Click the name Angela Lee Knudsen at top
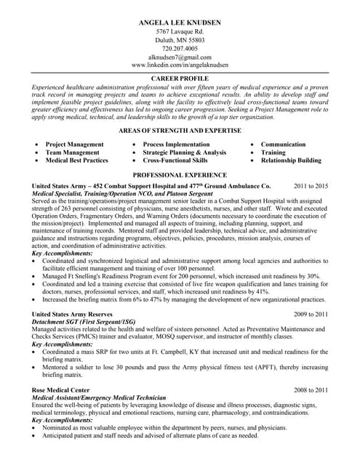180,23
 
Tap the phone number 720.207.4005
180,49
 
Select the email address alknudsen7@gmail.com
180,57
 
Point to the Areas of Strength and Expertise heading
180,130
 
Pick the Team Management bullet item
72,153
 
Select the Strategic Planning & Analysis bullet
184,153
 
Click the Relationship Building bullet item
290,161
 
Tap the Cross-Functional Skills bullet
175,161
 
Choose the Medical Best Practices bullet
76,161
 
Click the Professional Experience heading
180,175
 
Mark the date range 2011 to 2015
311,186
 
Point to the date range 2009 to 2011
311,314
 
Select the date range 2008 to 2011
311,389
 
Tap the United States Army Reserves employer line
76,314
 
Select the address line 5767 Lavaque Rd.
180,32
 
